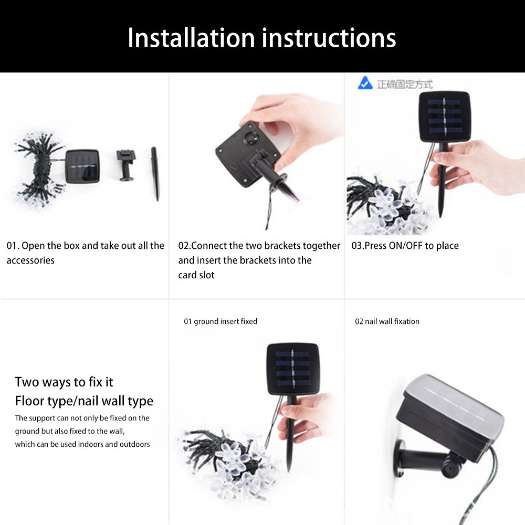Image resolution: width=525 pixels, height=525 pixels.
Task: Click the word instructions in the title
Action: (329, 38)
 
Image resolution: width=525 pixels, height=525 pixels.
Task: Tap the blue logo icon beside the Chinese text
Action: (365, 83)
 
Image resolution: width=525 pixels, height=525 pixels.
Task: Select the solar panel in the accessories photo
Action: (82, 166)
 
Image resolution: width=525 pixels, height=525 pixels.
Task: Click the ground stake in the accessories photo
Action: (155, 173)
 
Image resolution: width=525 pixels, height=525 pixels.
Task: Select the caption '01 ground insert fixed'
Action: (220, 321)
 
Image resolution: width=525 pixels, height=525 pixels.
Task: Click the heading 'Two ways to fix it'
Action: (64, 382)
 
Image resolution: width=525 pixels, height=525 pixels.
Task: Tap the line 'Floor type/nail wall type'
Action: (84, 401)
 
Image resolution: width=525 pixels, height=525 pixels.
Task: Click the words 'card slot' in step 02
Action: (196, 275)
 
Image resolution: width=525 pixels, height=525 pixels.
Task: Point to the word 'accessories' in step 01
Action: (30, 260)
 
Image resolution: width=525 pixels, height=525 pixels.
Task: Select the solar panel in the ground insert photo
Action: (292, 369)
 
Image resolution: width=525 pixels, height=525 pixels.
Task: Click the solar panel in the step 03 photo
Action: (444, 117)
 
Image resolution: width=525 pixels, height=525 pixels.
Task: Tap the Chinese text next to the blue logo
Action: (404, 84)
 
